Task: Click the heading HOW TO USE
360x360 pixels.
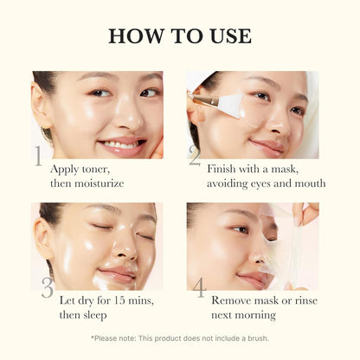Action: (180, 35)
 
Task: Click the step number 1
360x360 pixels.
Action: (38, 157)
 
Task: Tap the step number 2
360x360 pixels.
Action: (194, 157)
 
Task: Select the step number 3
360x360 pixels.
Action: (46, 289)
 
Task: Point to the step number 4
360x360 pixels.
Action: (198, 289)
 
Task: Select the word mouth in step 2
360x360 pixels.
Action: (308, 183)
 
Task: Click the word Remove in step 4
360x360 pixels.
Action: (231, 300)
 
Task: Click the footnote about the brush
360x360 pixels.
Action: (180, 338)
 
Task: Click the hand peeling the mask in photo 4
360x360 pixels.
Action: (305, 213)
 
